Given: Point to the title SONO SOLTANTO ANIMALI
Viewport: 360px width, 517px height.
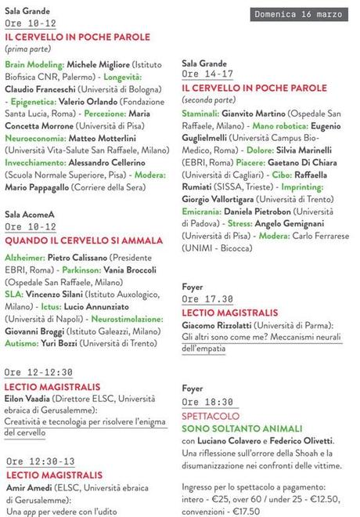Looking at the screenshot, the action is click(x=242, y=428).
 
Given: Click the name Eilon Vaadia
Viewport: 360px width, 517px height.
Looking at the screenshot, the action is click(x=28, y=399).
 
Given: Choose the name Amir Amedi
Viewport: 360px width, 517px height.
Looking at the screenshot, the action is click(x=29, y=488).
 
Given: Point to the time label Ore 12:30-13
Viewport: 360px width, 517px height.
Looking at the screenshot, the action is click(x=41, y=461).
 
